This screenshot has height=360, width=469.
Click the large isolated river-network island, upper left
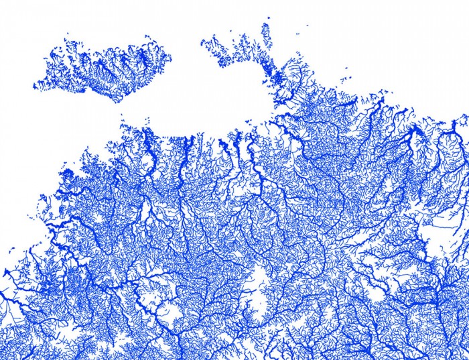pos(100,67)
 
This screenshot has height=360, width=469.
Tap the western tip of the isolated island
pos(36,86)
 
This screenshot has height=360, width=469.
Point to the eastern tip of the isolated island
pos(170,52)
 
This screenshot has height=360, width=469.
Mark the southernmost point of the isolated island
pos(118,101)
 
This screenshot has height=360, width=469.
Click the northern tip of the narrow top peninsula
pos(266,25)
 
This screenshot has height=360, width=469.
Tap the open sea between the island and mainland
pos(188,101)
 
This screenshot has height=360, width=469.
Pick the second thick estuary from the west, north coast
pos(187,144)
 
